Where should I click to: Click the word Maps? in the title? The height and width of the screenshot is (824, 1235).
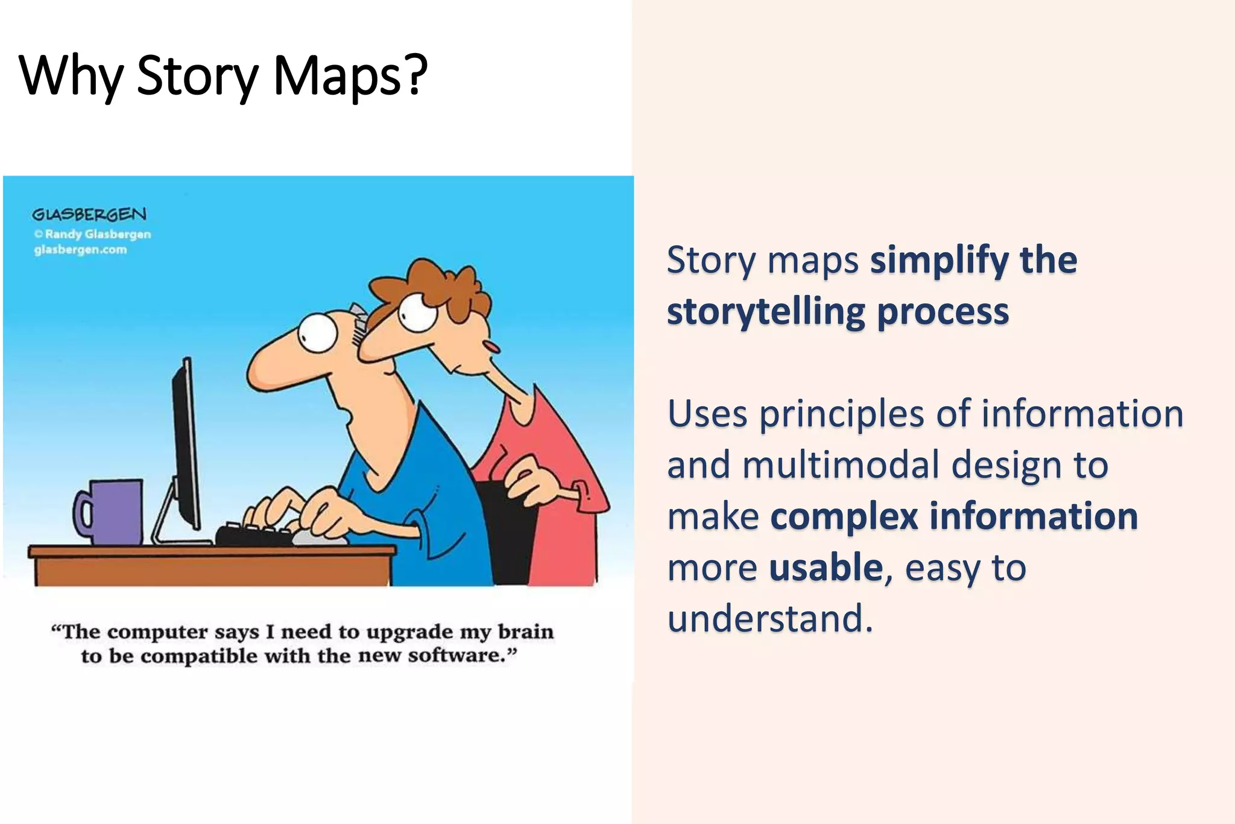pyautogui.click(x=350, y=77)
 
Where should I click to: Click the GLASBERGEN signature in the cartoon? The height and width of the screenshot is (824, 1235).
pyautogui.click(x=89, y=214)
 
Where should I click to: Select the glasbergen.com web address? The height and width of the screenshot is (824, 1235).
pyautogui.click(x=81, y=250)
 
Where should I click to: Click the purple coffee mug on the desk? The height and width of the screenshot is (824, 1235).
pyautogui.click(x=115, y=512)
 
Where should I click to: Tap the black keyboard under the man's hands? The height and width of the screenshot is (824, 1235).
pyautogui.click(x=253, y=534)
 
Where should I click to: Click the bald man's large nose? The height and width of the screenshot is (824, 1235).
pyautogui.click(x=271, y=368)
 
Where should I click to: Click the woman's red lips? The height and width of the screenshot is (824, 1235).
pyautogui.click(x=492, y=347)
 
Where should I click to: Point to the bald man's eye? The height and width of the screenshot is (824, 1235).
pyautogui.click(x=317, y=332)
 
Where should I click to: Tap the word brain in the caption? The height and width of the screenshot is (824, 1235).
pyautogui.click(x=525, y=632)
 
